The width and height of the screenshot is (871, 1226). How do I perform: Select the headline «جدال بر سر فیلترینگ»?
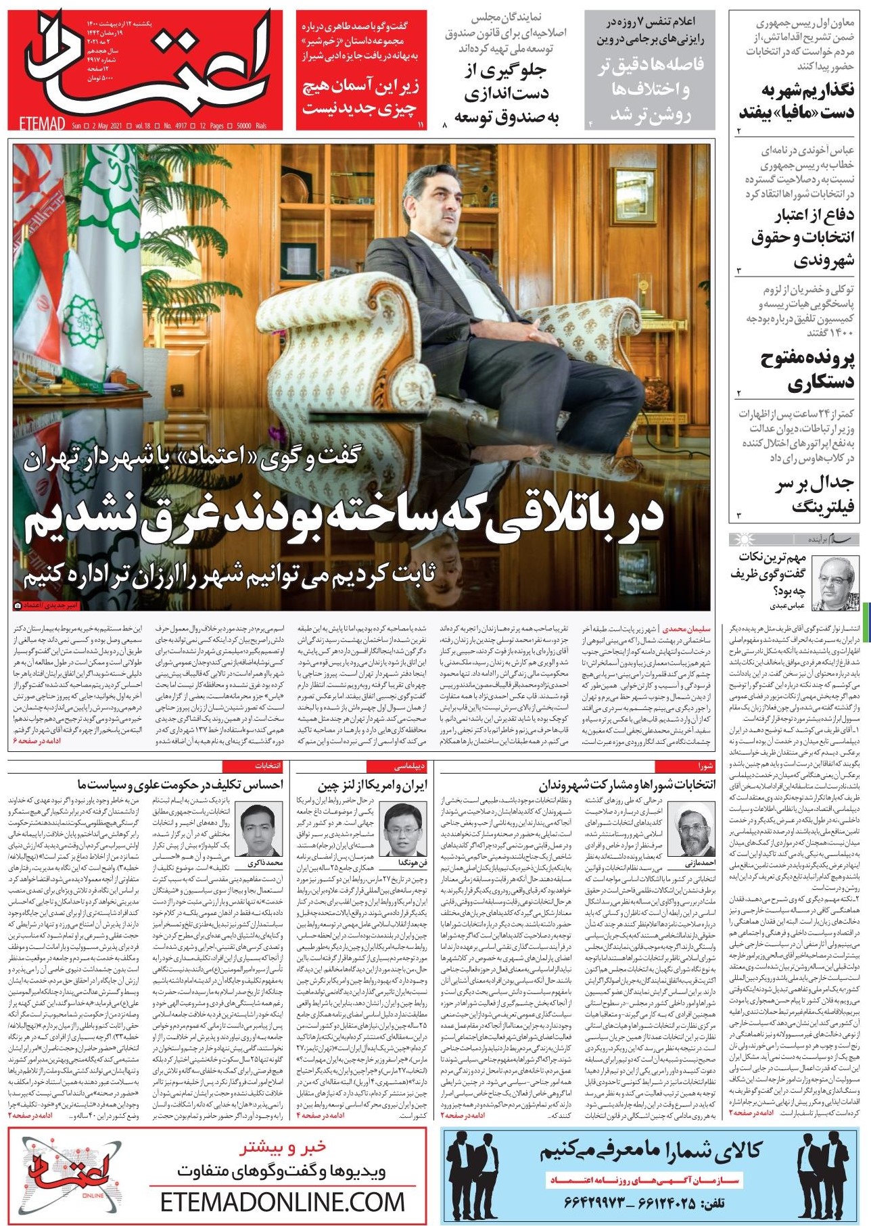tap(814, 494)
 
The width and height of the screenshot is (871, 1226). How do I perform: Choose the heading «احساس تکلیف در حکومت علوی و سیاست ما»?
tap(180, 785)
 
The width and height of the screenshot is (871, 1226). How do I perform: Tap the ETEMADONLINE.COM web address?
tap(283, 1202)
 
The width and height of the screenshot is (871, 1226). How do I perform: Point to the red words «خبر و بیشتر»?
tap(283, 1147)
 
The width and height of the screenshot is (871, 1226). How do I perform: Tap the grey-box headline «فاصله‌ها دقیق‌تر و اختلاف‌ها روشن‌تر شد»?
tap(651, 89)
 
